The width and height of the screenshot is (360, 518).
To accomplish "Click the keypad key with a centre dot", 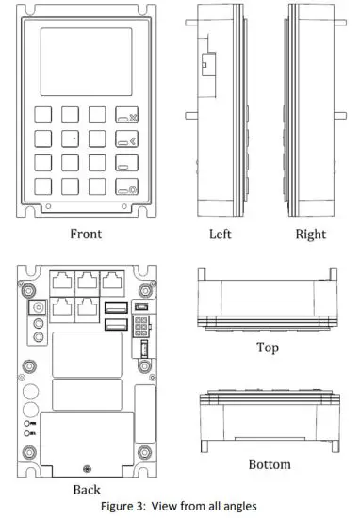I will pyautogui.click(x=72, y=138).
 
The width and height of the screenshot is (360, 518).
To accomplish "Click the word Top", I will pyautogui.click(x=267, y=348).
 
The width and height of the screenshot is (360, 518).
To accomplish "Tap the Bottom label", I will pyautogui.click(x=269, y=464).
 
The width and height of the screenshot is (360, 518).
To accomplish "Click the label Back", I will pyautogui.click(x=87, y=490).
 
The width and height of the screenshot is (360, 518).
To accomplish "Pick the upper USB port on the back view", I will pyautogui.click(x=117, y=307).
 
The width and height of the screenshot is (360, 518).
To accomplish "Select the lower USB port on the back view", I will pyautogui.click(x=117, y=324).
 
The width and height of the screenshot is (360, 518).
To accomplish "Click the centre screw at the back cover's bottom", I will pyautogui.click(x=87, y=469).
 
